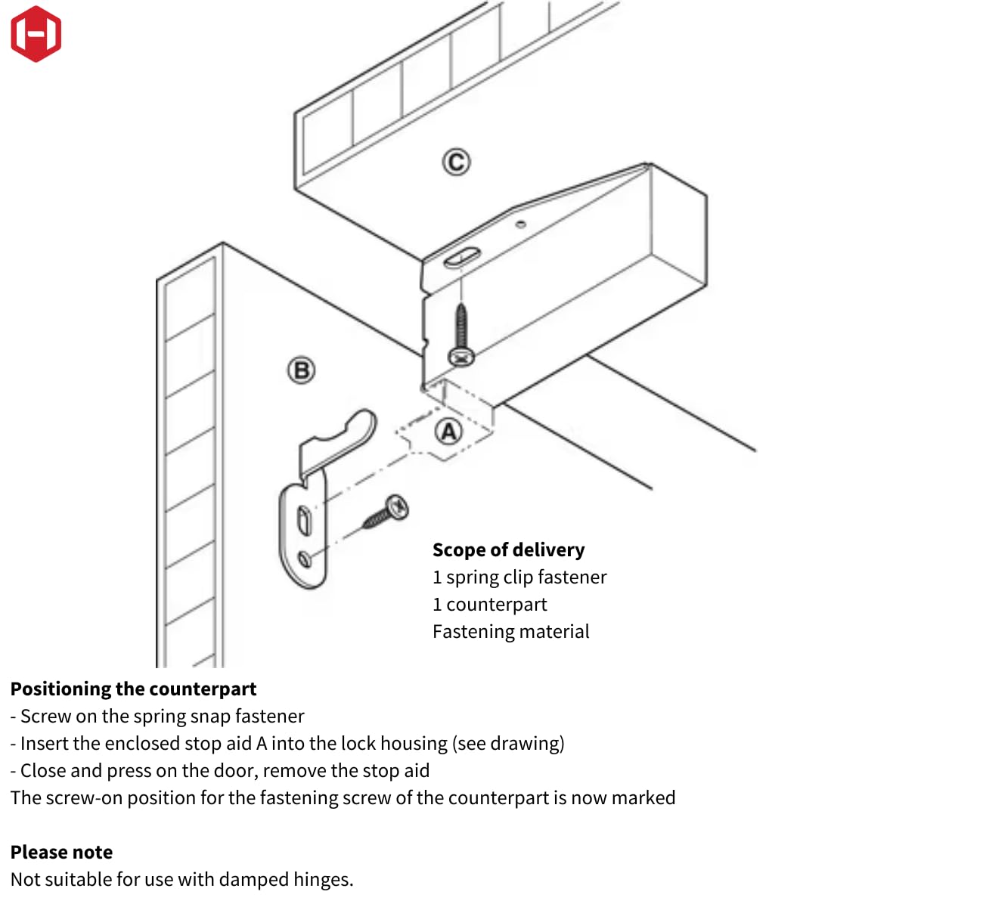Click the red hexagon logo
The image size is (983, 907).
point(36,34)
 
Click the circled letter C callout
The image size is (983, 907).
point(456,162)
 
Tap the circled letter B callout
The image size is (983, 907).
point(301,370)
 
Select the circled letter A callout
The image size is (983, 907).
point(449,432)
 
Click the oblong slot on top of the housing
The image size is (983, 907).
point(461,258)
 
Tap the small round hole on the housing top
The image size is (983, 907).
point(521,224)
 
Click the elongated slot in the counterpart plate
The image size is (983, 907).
point(303,520)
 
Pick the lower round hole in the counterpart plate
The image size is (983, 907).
point(305,559)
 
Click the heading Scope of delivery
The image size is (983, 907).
point(508,549)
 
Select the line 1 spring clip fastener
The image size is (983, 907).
point(519,577)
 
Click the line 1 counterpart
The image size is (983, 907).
point(489,604)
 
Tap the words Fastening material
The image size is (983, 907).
point(510,631)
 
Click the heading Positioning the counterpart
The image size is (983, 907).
point(133,689)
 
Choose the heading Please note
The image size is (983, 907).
point(61,852)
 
